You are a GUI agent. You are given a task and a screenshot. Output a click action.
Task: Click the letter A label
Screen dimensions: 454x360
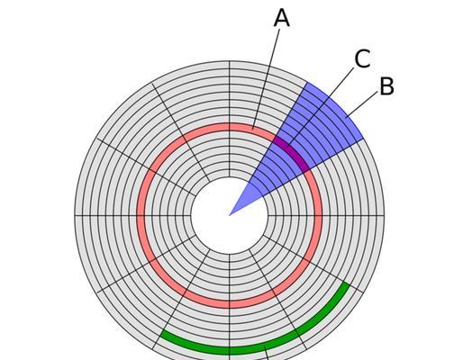point(282,18)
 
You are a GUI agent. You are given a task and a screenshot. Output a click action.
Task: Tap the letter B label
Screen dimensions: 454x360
point(386,86)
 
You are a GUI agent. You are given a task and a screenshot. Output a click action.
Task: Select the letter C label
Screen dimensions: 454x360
point(362,58)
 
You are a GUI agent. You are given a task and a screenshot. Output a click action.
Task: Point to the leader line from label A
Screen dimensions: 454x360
point(266,79)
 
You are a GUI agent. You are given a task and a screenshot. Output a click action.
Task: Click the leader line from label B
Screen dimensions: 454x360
point(362,104)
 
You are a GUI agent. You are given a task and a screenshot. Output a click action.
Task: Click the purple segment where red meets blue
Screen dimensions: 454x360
point(291,153)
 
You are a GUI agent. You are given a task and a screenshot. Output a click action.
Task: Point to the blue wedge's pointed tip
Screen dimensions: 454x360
point(230,215)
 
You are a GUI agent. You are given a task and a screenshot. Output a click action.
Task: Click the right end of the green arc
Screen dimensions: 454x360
point(347,284)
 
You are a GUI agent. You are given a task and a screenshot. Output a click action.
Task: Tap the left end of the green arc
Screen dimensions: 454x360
point(162,335)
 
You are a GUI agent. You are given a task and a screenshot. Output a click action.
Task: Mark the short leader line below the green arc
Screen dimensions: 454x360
point(266,353)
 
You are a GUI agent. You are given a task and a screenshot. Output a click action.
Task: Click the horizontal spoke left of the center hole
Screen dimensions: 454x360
point(132,215)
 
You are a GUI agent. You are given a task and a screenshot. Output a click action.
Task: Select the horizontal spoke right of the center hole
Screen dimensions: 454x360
point(326,215)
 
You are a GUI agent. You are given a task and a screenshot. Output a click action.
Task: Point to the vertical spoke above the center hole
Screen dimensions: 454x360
point(230,119)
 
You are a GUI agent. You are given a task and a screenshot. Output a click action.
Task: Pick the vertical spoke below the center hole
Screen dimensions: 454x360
point(230,307)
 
